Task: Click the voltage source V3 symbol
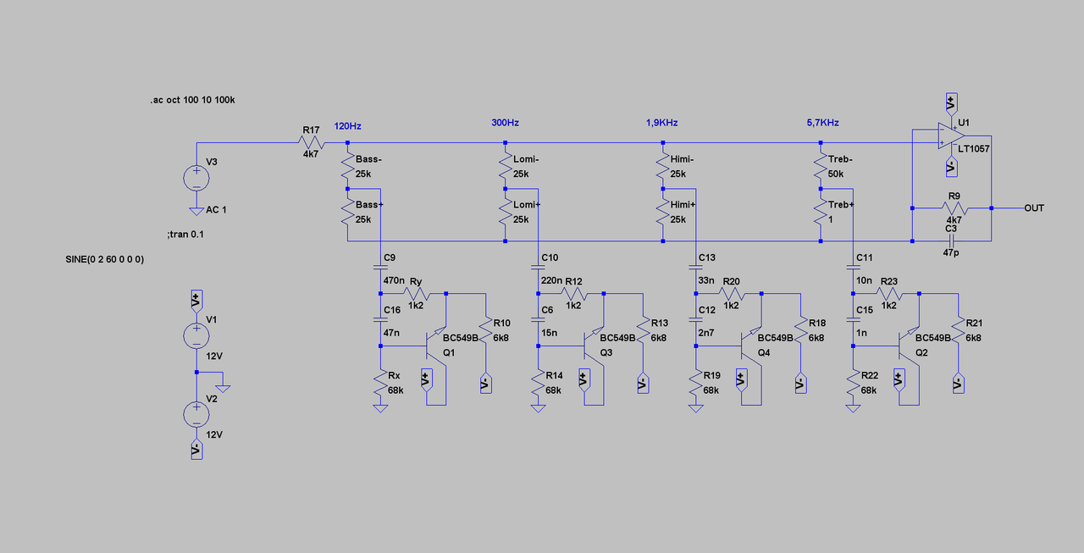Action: point(196,178)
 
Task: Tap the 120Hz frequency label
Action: point(348,126)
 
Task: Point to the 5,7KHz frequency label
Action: point(823,123)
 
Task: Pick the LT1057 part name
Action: point(973,149)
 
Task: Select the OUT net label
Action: point(1034,207)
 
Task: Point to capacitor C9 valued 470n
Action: point(381,268)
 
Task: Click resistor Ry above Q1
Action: point(416,294)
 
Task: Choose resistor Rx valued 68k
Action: point(381,389)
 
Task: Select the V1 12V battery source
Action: point(196,335)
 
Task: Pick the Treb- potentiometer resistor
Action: point(820,166)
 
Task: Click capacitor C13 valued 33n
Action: point(695,269)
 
